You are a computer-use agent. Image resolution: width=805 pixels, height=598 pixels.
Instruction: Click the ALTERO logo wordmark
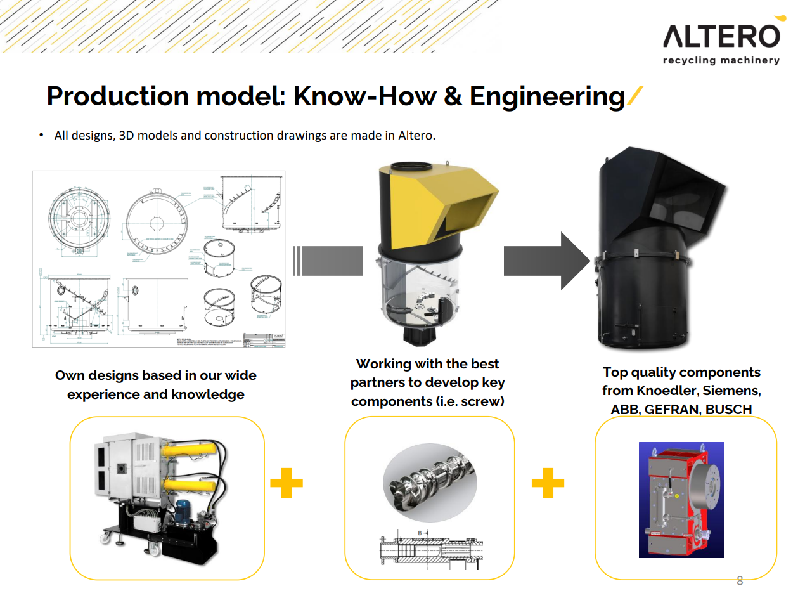coord(721,36)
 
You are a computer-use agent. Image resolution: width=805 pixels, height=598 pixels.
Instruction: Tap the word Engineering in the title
coord(547,96)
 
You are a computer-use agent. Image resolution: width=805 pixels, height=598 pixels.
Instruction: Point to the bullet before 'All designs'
coord(41,135)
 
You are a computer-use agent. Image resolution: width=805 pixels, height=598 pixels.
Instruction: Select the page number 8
coord(739,580)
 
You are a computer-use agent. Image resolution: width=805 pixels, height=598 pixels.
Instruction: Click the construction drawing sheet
coord(158,259)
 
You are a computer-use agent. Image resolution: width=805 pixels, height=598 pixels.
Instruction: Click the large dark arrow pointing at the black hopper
coord(548,261)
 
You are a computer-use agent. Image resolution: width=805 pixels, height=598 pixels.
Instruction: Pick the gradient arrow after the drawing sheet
coord(328,261)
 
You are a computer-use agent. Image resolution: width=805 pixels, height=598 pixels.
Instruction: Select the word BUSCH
coord(728,410)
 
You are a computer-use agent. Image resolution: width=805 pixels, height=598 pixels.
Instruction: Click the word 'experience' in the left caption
coord(103,394)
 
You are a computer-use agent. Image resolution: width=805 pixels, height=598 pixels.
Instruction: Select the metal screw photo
coord(430,480)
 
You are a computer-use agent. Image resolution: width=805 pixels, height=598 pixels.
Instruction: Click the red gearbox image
coord(681,500)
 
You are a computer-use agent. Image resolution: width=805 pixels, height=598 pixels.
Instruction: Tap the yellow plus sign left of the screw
coord(287,484)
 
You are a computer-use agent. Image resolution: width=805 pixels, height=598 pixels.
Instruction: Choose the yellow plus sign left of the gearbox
coord(548,484)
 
